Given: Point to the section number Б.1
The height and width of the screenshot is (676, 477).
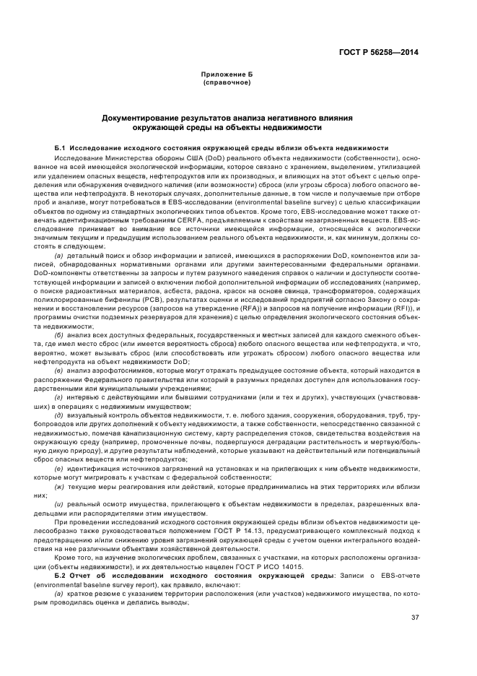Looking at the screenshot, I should [x=61, y=146].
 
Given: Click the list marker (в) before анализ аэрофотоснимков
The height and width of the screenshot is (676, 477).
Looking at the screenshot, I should [x=59, y=370].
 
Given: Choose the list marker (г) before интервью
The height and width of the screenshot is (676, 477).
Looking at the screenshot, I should [x=59, y=396].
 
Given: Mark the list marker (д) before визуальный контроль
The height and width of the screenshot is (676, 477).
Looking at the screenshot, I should [x=59, y=415].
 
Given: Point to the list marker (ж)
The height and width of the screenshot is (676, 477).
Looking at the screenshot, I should [x=59, y=485].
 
